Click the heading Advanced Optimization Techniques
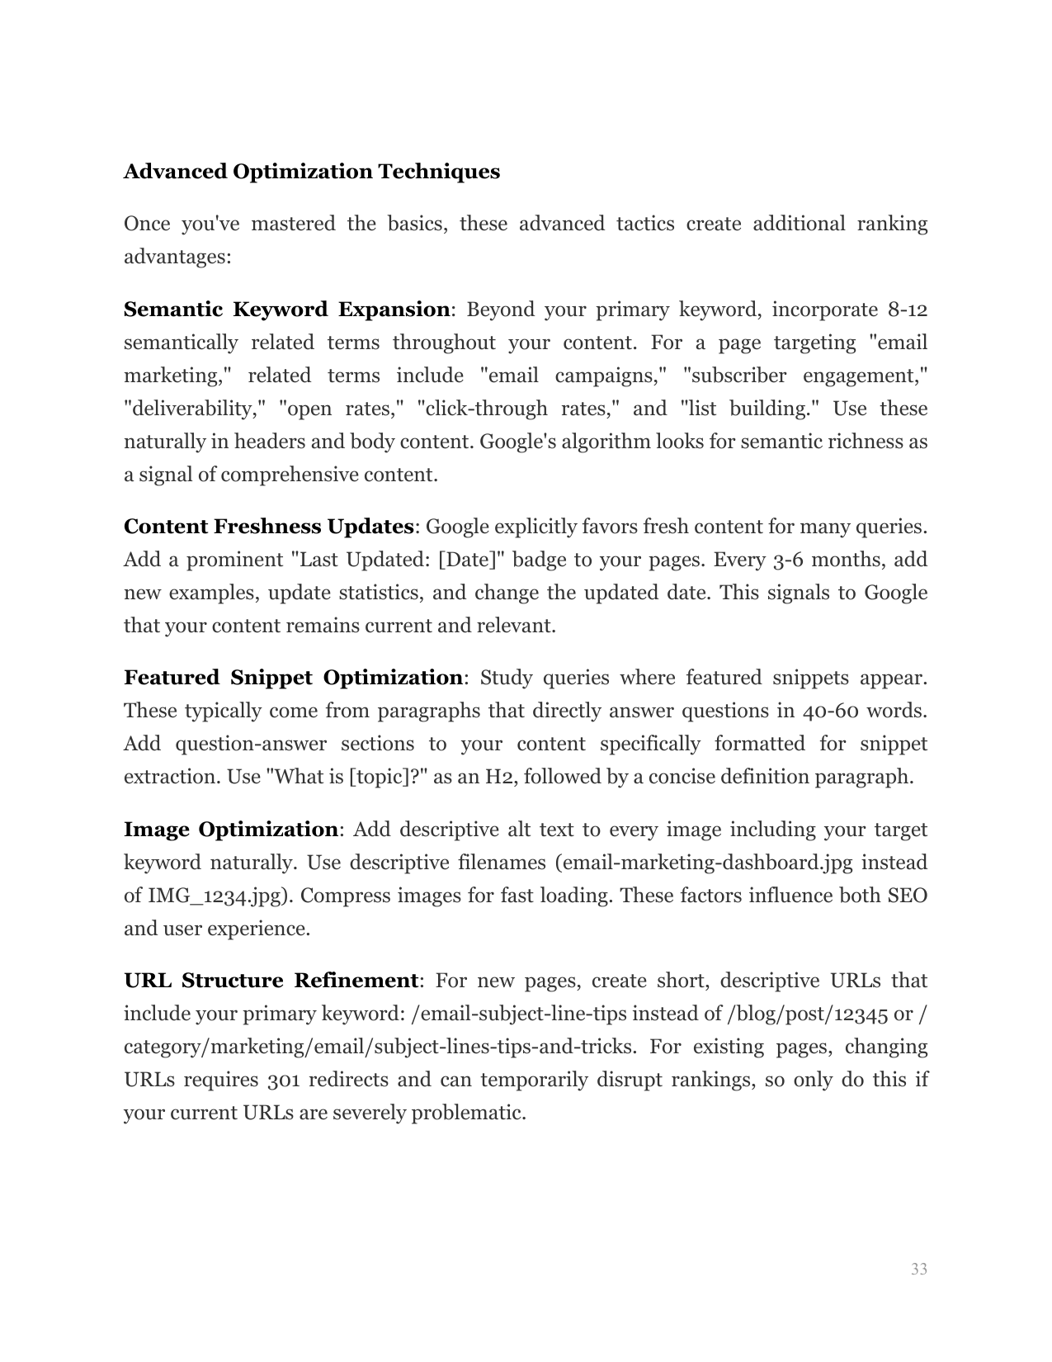[x=311, y=172]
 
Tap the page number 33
[x=918, y=1269]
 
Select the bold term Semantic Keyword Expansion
[x=286, y=310]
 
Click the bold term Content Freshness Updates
[x=268, y=527]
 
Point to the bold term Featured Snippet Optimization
[x=293, y=678]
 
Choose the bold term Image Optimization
[x=230, y=830]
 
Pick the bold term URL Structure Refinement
[x=271, y=981]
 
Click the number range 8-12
[x=908, y=310]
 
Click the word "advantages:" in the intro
[x=177, y=257]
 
